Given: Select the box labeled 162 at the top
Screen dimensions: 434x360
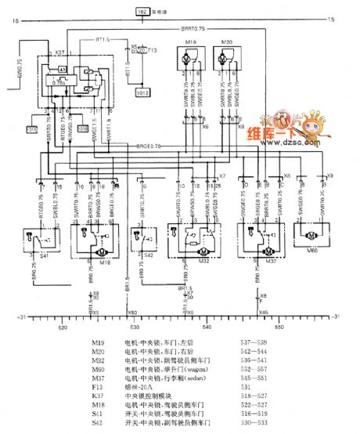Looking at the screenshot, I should pyautogui.click(x=142, y=12).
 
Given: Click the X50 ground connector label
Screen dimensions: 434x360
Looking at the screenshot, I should pyautogui.click(x=134, y=312).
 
